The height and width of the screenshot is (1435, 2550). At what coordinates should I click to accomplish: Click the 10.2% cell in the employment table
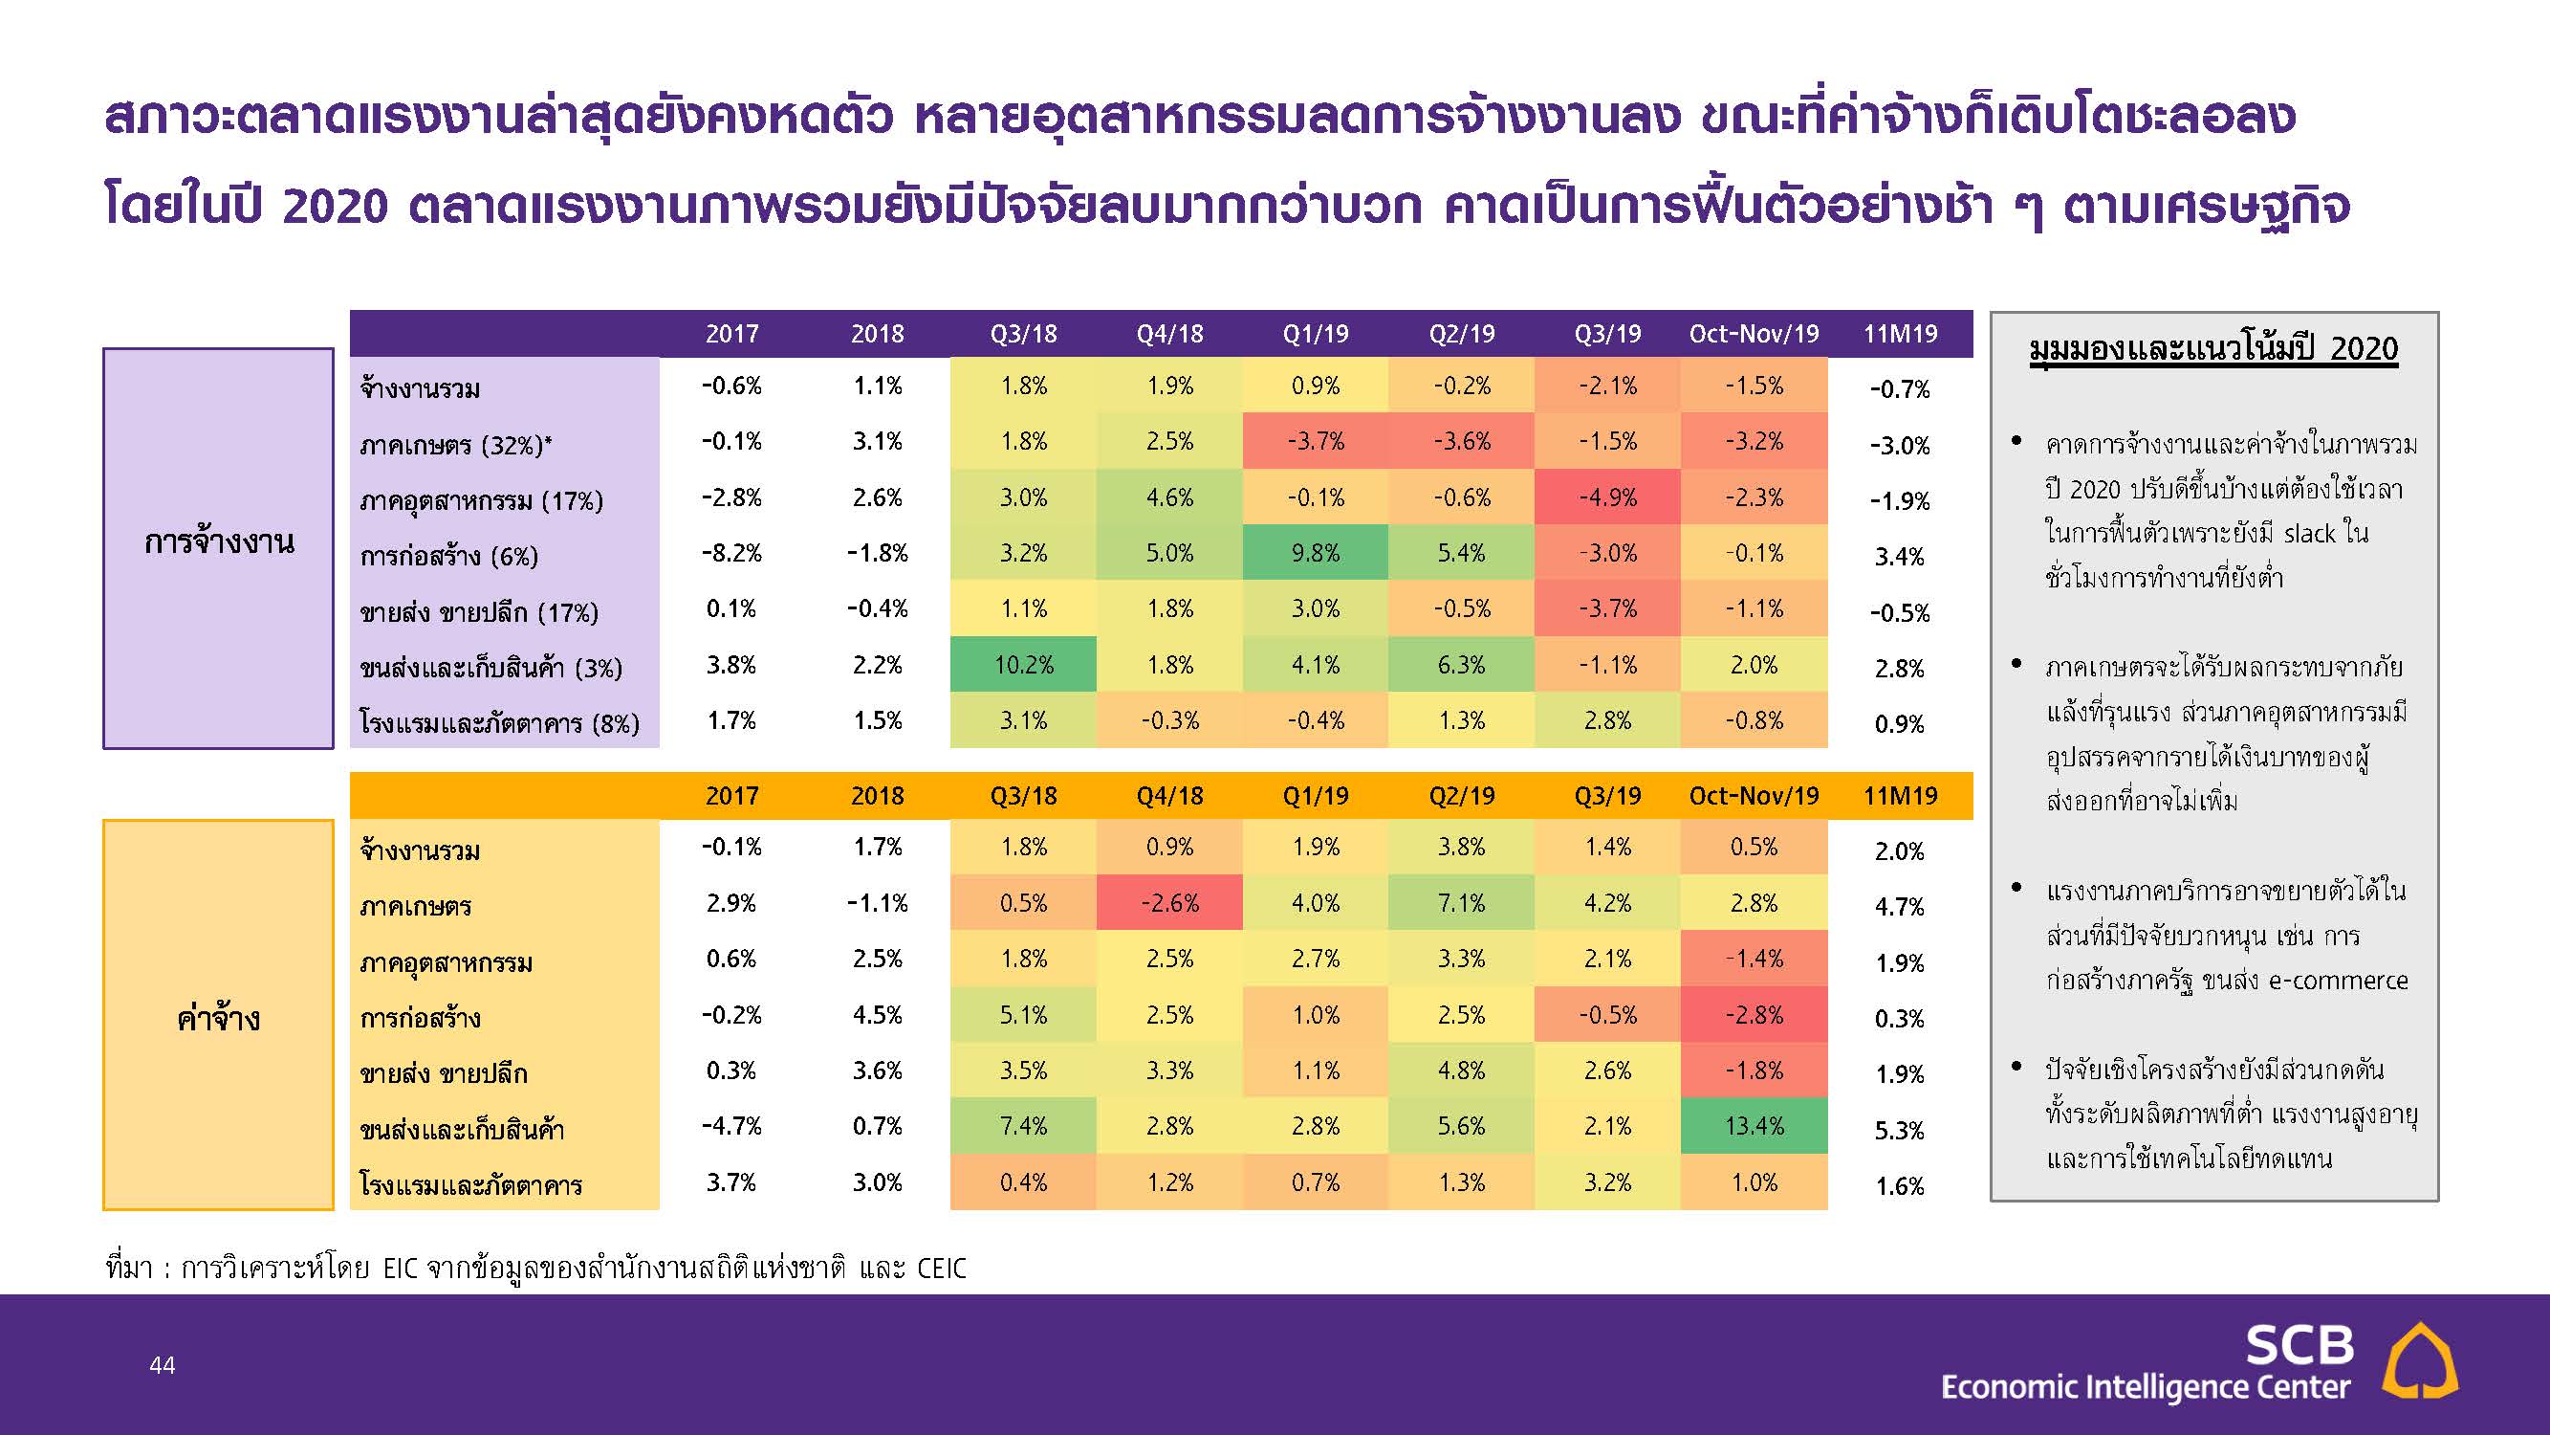(x=1024, y=665)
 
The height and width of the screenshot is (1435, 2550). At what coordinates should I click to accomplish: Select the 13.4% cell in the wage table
(x=1754, y=1126)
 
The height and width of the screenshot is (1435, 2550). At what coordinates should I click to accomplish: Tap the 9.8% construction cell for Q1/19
(x=1316, y=553)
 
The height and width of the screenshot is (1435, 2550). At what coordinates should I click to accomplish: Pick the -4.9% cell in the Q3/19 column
(x=1607, y=497)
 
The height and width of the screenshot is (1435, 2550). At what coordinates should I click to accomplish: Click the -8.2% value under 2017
(x=731, y=553)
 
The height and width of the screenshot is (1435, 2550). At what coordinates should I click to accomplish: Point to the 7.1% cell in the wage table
(x=1462, y=903)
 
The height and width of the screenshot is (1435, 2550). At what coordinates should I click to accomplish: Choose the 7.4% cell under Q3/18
(x=1024, y=1126)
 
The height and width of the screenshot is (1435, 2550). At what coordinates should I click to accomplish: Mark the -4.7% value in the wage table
(x=731, y=1126)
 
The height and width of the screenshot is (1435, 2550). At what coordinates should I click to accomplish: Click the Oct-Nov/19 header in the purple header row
(x=1754, y=334)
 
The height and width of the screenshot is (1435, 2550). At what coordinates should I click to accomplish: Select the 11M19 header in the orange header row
(x=1901, y=796)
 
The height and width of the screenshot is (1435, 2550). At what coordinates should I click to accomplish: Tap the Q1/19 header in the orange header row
(x=1316, y=796)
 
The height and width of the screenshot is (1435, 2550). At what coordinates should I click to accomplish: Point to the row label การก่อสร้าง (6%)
(x=448, y=556)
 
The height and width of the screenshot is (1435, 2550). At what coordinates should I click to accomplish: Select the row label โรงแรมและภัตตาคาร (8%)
(x=499, y=723)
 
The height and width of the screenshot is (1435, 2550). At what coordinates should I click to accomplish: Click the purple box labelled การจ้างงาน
(x=219, y=547)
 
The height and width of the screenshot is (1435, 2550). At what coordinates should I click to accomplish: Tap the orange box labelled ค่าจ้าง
(x=219, y=1014)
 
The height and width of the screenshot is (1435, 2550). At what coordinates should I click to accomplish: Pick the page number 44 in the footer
(x=163, y=1366)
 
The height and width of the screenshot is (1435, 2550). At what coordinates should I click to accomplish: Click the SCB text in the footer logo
(x=2299, y=1345)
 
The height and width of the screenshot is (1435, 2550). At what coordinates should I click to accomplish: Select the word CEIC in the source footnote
(x=942, y=1269)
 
